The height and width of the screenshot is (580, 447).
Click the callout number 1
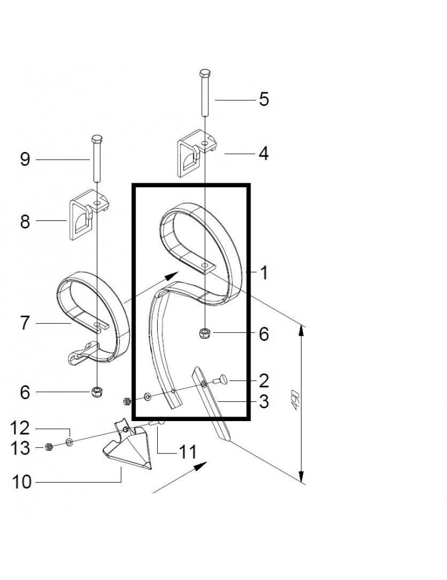click(264, 273)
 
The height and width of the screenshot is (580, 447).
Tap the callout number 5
click(264, 99)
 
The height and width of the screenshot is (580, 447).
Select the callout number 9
click(25, 159)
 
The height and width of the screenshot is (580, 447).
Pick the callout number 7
click(25, 323)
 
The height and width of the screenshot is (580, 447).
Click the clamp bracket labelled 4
click(194, 154)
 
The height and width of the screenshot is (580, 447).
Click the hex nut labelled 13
click(49, 447)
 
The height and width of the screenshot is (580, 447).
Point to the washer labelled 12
click(70, 443)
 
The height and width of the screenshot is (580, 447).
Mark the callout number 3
click(264, 402)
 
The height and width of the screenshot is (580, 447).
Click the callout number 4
click(264, 154)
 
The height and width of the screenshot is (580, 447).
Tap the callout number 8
click(25, 221)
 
